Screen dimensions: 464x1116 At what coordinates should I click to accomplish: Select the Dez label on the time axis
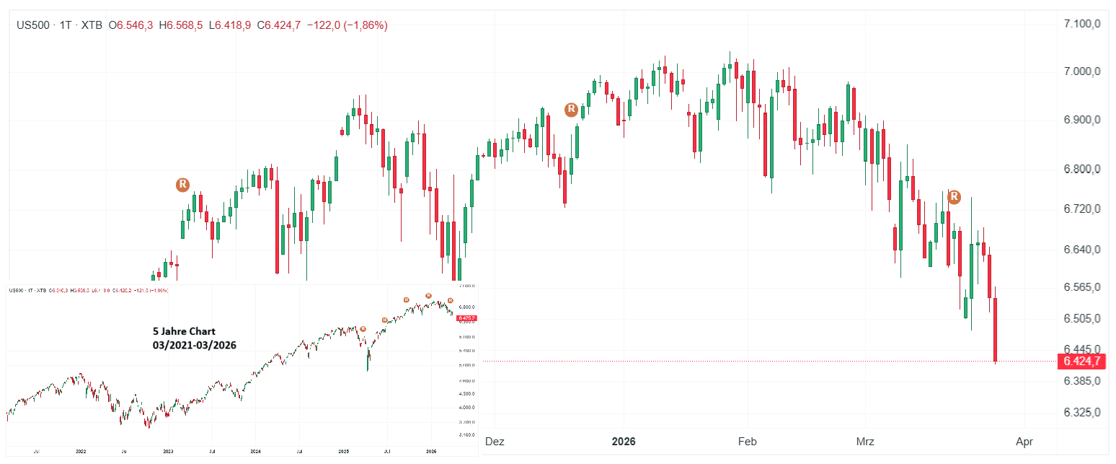click(x=495, y=440)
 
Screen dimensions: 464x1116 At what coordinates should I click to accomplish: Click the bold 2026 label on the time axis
click(x=624, y=440)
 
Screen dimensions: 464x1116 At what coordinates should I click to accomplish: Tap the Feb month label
click(x=748, y=440)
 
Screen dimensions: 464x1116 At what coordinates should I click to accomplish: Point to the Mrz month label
click(x=864, y=440)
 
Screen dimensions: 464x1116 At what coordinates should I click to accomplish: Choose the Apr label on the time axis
click(x=1024, y=440)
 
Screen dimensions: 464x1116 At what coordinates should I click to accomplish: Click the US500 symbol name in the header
click(x=34, y=25)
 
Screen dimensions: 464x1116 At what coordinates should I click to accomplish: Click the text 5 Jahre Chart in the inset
click(x=184, y=331)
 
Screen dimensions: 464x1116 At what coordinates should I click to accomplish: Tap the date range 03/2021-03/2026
click(x=194, y=345)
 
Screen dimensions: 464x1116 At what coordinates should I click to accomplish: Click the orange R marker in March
click(x=954, y=196)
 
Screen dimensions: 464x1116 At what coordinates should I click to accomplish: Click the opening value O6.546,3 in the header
click(x=130, y=25)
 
